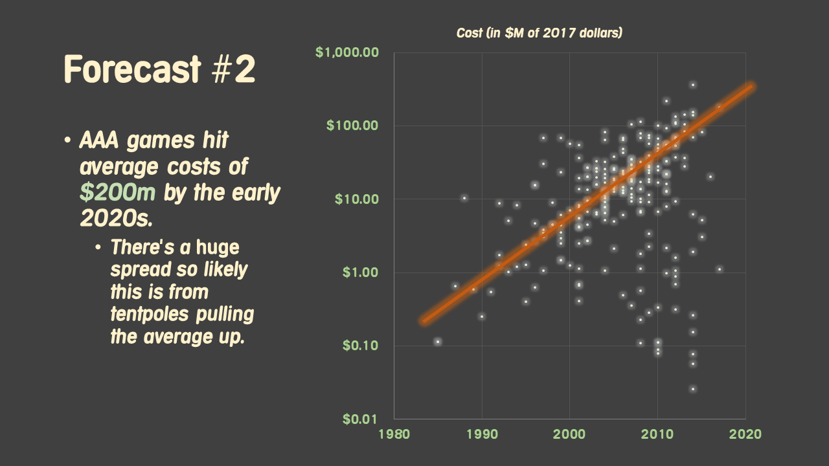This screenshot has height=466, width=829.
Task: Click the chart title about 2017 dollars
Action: click(x=539, y=32)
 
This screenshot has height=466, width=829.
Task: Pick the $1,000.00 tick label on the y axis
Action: click(x=346, y=52)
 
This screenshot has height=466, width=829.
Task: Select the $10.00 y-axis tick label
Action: click(x=356, y=199)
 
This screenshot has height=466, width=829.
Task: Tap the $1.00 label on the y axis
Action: click(x=359, y=272)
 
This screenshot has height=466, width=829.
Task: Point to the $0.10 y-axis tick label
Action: click(x=359, y=345)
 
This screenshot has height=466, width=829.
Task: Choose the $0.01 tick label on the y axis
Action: click(x=359, y=419)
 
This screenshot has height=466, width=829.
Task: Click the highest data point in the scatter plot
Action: click(x=692, y=85)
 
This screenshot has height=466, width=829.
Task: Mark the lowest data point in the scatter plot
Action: click(x=692, y=389)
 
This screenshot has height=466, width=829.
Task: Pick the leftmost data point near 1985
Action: click(x=438, y=341)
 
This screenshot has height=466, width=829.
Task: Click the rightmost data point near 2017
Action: click(x=719, y=269)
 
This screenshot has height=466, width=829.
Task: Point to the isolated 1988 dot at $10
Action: click(x=464, y=198)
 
